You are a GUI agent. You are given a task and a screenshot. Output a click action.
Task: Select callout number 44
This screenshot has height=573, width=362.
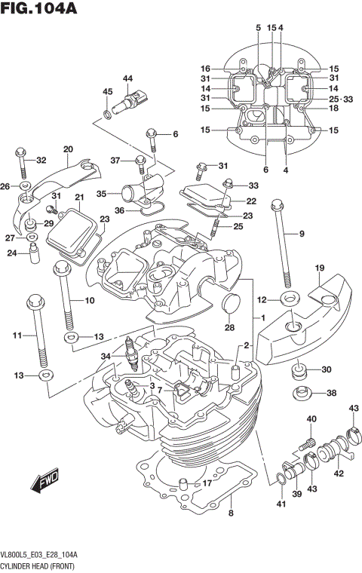click(127, 79)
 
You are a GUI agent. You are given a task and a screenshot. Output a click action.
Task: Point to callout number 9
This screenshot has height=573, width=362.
click(302, 234)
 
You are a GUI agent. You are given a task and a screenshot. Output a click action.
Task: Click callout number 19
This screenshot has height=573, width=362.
click(319, 268)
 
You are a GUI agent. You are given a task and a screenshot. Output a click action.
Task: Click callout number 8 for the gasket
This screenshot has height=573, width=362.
click(231, 514)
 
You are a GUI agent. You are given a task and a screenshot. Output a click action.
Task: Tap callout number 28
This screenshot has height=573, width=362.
click(229, 328)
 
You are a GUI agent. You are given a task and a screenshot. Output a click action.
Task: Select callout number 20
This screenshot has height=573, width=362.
click(68, 149)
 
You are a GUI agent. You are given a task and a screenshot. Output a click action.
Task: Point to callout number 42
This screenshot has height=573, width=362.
click(339, 474)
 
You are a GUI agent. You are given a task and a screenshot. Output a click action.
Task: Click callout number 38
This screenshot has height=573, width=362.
click(330, 394)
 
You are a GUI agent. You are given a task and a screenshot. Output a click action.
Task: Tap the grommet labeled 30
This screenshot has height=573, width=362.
click(299, 372)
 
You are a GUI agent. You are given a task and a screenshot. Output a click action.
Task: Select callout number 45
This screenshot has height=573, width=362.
click(107, 92)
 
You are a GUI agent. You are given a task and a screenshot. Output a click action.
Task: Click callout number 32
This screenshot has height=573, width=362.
click(41, 160)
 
